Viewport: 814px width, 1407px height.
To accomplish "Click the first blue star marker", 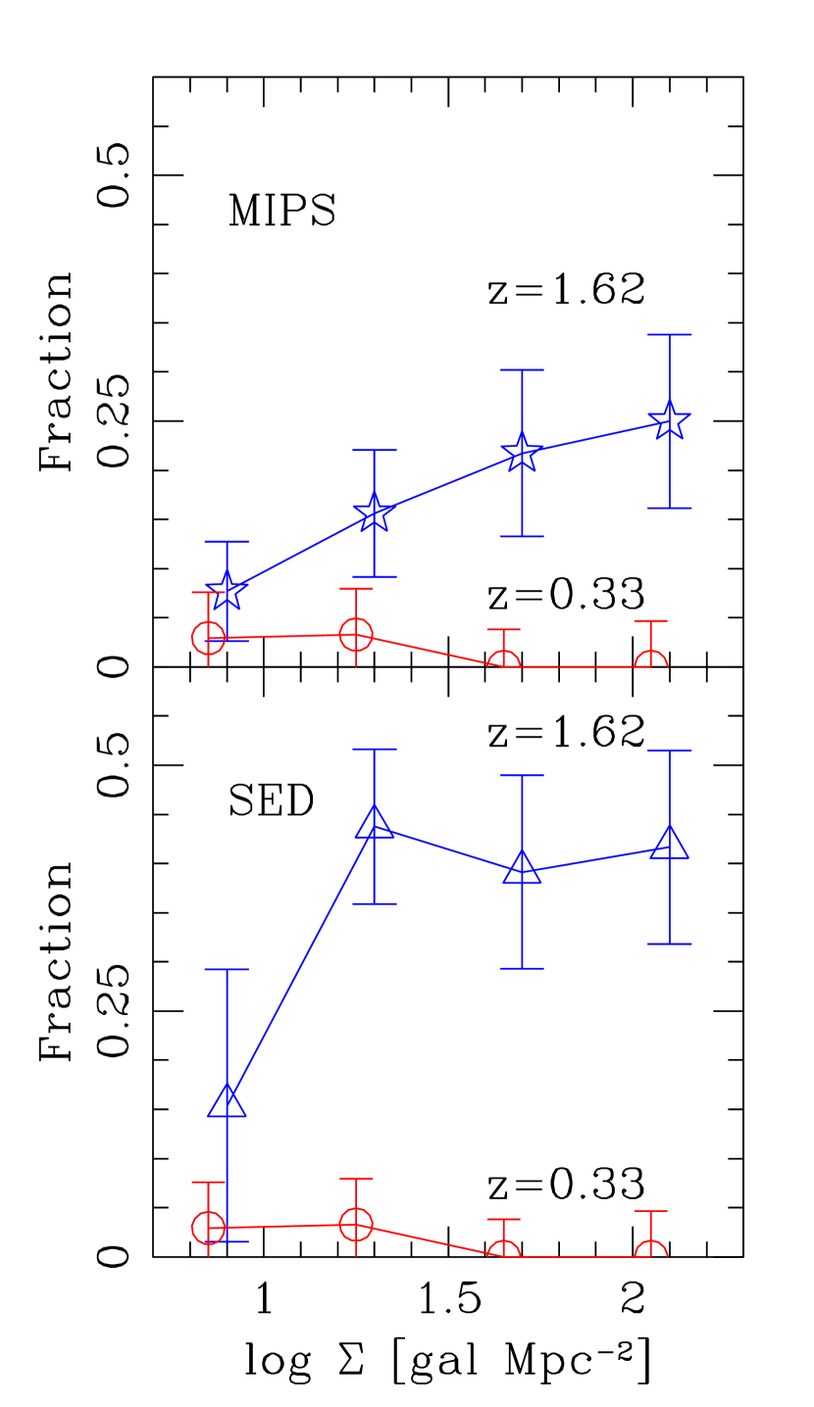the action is (227, 592).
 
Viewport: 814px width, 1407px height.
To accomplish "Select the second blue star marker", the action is (374, 513).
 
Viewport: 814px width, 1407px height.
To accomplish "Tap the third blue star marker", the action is (522, 453).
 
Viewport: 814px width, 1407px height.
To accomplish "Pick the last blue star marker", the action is (670, 421).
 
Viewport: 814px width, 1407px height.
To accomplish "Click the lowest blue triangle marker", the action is (227, 1102).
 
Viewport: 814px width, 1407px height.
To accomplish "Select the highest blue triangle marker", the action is (374, 823).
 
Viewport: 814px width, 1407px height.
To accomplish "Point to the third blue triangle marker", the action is (522, 868).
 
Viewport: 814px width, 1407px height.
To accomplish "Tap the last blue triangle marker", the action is (670, 844).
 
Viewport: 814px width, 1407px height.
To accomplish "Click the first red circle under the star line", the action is (208, 638).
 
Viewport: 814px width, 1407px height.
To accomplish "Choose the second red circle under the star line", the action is (356, 634).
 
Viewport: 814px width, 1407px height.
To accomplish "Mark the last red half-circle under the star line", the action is (650, 660).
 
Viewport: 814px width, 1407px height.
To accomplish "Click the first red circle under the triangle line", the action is (208, 1227).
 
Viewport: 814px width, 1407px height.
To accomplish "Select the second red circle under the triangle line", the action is (356, 1224).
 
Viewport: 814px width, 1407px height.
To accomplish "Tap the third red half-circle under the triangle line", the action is (503, 1250).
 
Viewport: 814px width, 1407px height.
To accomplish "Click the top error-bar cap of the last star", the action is (670, 335).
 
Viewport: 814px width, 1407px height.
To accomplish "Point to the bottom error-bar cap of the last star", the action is (670, 508).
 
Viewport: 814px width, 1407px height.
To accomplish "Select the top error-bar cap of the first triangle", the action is (227, 970).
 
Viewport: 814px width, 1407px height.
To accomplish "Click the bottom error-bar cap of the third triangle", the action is (522, 968).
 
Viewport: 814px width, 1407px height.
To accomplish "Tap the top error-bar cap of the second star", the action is (374, 451).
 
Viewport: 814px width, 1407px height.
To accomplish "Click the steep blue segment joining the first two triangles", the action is (300, 962).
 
